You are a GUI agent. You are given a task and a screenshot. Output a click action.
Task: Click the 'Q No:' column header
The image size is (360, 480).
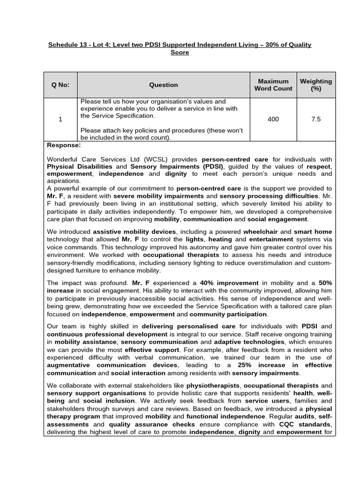[60, 85]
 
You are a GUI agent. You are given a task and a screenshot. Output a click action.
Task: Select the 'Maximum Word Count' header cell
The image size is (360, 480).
[273, 85]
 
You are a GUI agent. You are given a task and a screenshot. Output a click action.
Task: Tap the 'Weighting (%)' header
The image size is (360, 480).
[315, 85]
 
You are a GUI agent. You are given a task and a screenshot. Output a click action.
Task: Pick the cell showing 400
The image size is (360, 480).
[273, 120]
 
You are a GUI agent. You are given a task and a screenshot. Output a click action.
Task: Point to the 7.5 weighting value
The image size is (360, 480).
[316, 120]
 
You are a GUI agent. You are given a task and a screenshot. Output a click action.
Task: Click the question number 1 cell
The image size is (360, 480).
[60, 120]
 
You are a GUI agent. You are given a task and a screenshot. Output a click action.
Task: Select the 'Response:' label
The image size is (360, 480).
[64, 145]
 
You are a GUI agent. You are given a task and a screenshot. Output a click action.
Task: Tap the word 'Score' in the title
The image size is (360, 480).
[180, 52]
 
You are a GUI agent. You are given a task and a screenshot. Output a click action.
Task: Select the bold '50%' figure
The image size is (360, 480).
[325, 283]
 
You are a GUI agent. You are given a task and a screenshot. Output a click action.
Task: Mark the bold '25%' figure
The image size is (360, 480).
[245, 365]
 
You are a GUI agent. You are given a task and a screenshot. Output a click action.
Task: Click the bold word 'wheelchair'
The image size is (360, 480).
[261, 232]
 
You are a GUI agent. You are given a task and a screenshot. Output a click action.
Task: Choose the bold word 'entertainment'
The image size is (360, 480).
[260, 239]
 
